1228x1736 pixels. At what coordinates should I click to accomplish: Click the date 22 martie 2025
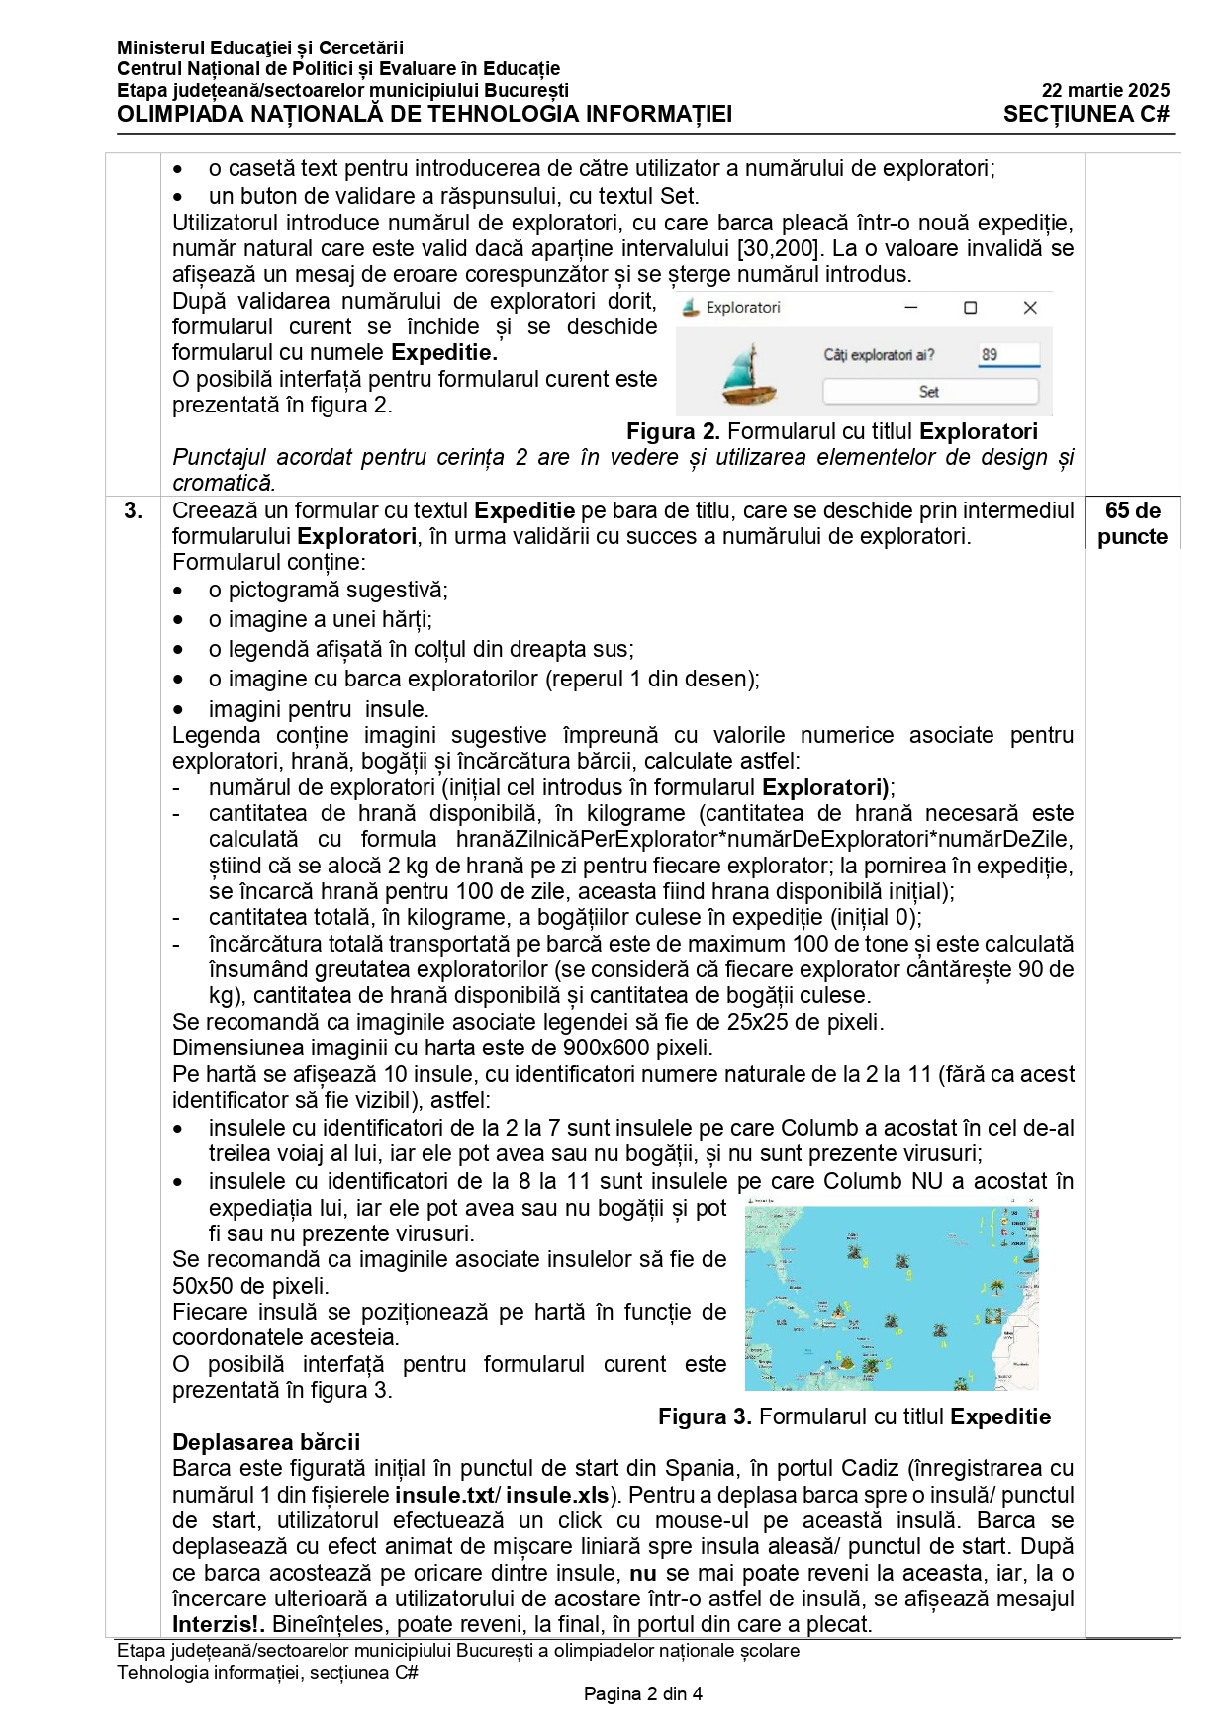1104,90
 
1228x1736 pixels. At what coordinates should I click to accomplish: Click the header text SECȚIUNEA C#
1086,114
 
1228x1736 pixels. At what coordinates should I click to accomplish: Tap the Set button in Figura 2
929,392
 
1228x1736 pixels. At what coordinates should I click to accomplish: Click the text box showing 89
1007,354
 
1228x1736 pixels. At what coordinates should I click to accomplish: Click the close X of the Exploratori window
1030,308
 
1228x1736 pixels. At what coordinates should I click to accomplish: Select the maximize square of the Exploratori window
971,308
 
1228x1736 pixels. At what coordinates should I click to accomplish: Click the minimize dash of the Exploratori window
911,308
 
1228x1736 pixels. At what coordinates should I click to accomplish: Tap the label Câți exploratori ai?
879,354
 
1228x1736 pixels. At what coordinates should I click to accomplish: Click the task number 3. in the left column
133,510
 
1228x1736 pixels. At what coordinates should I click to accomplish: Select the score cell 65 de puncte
1132,523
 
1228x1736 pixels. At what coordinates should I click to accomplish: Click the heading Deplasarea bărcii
266,1441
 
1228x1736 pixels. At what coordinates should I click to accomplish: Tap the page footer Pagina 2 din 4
642,1693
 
